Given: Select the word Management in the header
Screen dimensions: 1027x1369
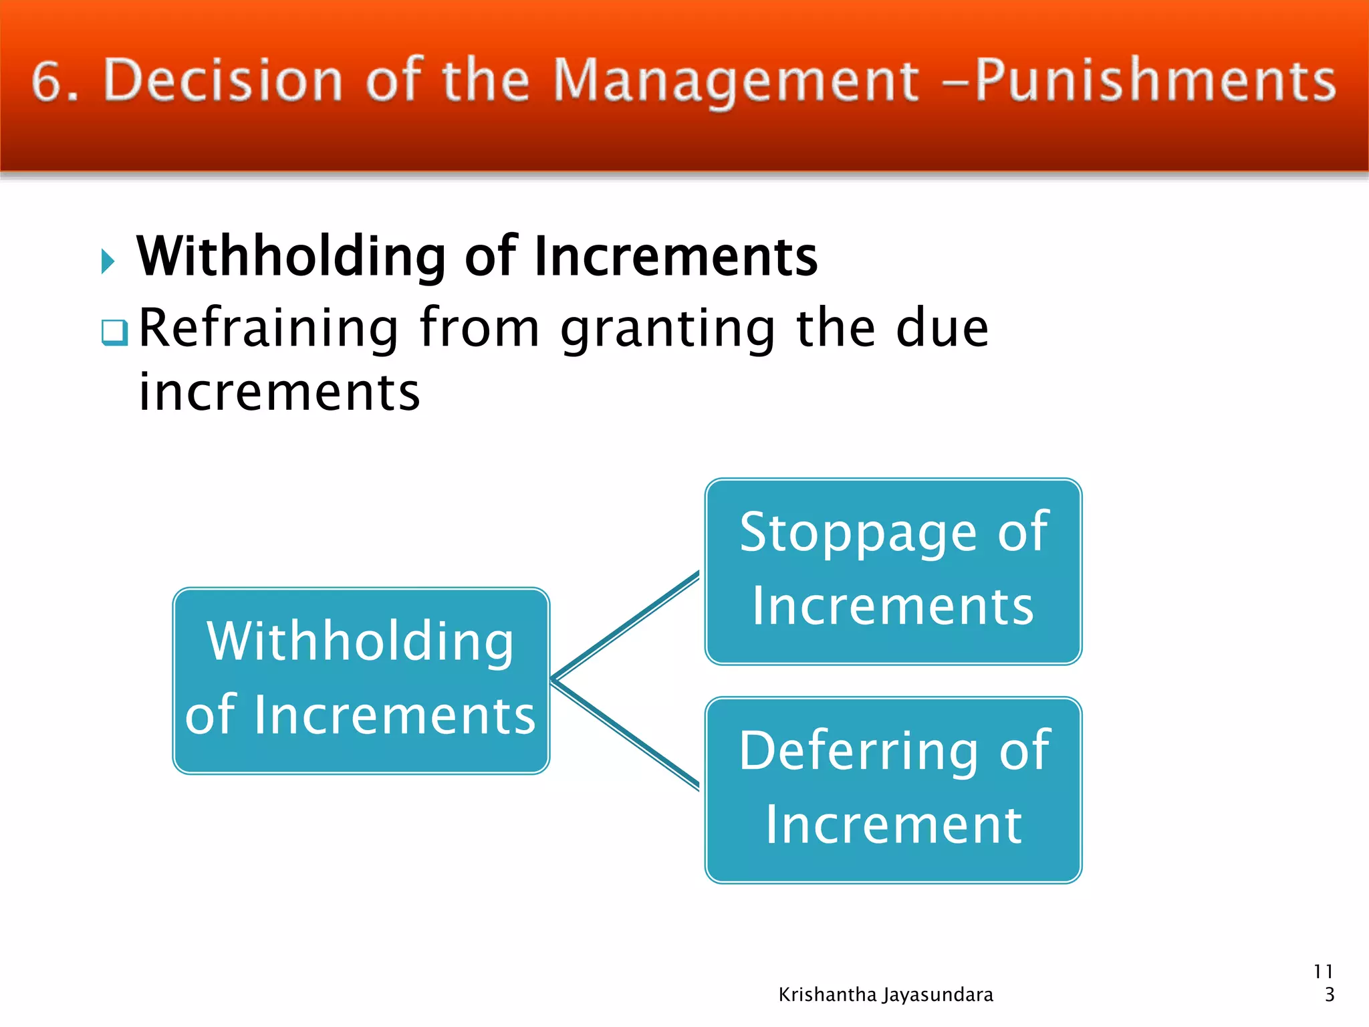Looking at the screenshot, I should click(x=736, y=82).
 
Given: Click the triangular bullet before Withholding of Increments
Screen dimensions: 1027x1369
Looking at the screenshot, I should click(x=108, y=261).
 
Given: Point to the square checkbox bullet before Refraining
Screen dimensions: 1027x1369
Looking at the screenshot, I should click(x=114, y=332).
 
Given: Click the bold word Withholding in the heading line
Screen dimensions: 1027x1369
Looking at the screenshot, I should click(x=291, y=257).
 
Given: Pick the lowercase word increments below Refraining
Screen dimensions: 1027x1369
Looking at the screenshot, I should click(x=279, y=392).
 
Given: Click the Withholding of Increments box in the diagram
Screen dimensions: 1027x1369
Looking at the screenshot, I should click(x=361, y=681).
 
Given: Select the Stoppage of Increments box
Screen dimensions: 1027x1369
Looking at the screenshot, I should click(x=893, y=572).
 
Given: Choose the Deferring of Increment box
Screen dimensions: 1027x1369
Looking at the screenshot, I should click(x=893, y=790).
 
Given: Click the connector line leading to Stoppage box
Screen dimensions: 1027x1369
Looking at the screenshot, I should click(x=625, y=626).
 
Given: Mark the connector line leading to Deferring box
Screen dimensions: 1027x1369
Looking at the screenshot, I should click(x=625, y=734).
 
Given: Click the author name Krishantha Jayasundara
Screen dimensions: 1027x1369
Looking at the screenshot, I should click(x=886, y=995).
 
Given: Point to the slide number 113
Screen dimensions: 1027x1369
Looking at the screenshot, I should click(x=1324, y=983).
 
